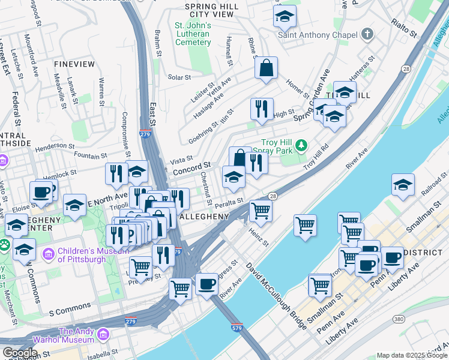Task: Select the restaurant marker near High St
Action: tap(262, 109)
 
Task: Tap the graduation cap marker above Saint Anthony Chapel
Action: tap(285, 17)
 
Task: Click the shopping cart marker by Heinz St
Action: tap(261, 210)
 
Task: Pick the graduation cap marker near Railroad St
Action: tap(403, 185)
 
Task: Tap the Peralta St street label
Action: tap(231, 202)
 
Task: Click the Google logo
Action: tap(20, 352)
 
